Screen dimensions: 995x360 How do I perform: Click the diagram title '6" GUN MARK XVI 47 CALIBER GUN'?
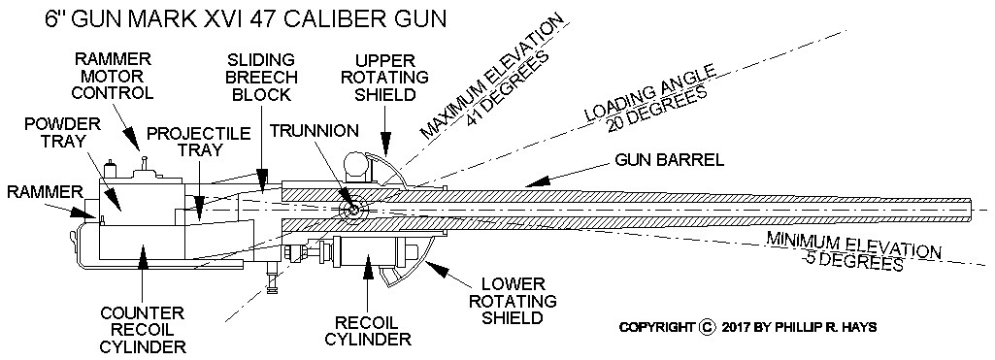coord(245,18)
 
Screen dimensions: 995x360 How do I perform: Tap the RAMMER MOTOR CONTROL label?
coord(113,76)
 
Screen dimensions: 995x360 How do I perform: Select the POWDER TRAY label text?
coord(53,132)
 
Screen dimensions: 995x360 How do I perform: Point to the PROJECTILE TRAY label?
coord(199,141)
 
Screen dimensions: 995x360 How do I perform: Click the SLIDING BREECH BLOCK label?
coord(261,78)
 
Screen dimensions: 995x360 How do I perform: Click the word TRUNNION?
coord(315,131)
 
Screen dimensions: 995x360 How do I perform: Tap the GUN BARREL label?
coord(670,160)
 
